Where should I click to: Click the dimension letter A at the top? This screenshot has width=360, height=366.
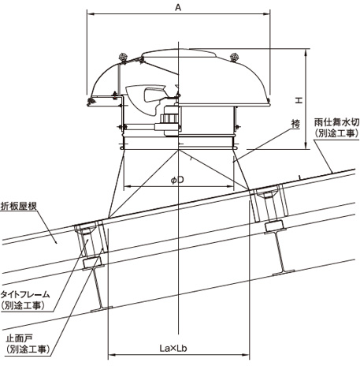coord(178,8)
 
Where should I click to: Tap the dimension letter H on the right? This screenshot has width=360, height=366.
coord(299,100)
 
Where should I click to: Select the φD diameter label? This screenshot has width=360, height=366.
coord(177,180)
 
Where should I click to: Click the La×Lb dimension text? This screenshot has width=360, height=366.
coord(173,349)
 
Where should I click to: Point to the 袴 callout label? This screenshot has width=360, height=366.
coord(295,123)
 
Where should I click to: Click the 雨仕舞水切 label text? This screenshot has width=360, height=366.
coord(336,122)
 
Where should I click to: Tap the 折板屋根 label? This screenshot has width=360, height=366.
coord(18,206)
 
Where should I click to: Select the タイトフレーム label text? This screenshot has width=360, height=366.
coord(25,294)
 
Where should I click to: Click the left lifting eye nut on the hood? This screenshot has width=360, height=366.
coord(123,58)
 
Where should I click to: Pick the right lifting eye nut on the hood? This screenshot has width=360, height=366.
coord(234,57)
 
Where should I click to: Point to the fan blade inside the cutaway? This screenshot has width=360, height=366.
coord(146,99)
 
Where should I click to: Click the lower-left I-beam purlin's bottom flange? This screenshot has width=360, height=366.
coord(102,309)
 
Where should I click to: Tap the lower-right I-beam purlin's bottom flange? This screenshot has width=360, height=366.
coord(284,273)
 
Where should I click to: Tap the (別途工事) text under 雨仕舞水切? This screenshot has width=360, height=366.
coord(336,133)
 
